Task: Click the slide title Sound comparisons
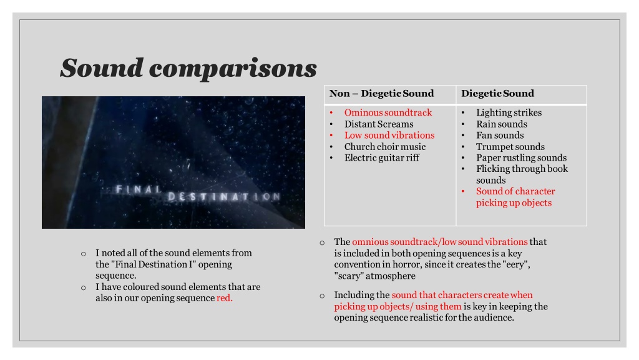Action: click(x=188, y=67)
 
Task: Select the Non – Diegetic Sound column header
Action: click(x=381, y=94)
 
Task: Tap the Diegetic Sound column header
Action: click(x=497, y=94)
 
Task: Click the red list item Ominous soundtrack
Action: click(x=388, y=112)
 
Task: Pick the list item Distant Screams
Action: click(x=379, y=124)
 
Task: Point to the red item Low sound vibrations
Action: click(x=389, y=135)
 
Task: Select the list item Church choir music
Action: click(x=385, y=146)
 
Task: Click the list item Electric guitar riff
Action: click(x=382, y=158)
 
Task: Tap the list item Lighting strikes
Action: click(x=509, y=112)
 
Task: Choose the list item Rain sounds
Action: click(x=502, y=124)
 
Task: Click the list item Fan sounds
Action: click(x=500, y=135)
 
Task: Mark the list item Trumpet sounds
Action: click(x=510, y=146)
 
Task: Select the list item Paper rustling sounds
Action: click(x=521, y=158)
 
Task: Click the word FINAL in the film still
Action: click(x=139, y=189)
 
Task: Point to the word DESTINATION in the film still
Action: click(x=224, y=197)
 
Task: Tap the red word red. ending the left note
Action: click(x=225, y=298)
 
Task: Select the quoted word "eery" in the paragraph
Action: click(x=516, y=264)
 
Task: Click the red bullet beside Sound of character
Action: click(x=464, y=191)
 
